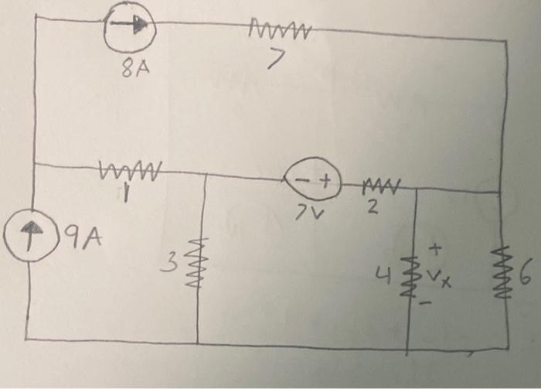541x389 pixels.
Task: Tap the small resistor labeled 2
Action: (x=382, y=185)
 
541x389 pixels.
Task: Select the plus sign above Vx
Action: (x=435, y=249)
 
